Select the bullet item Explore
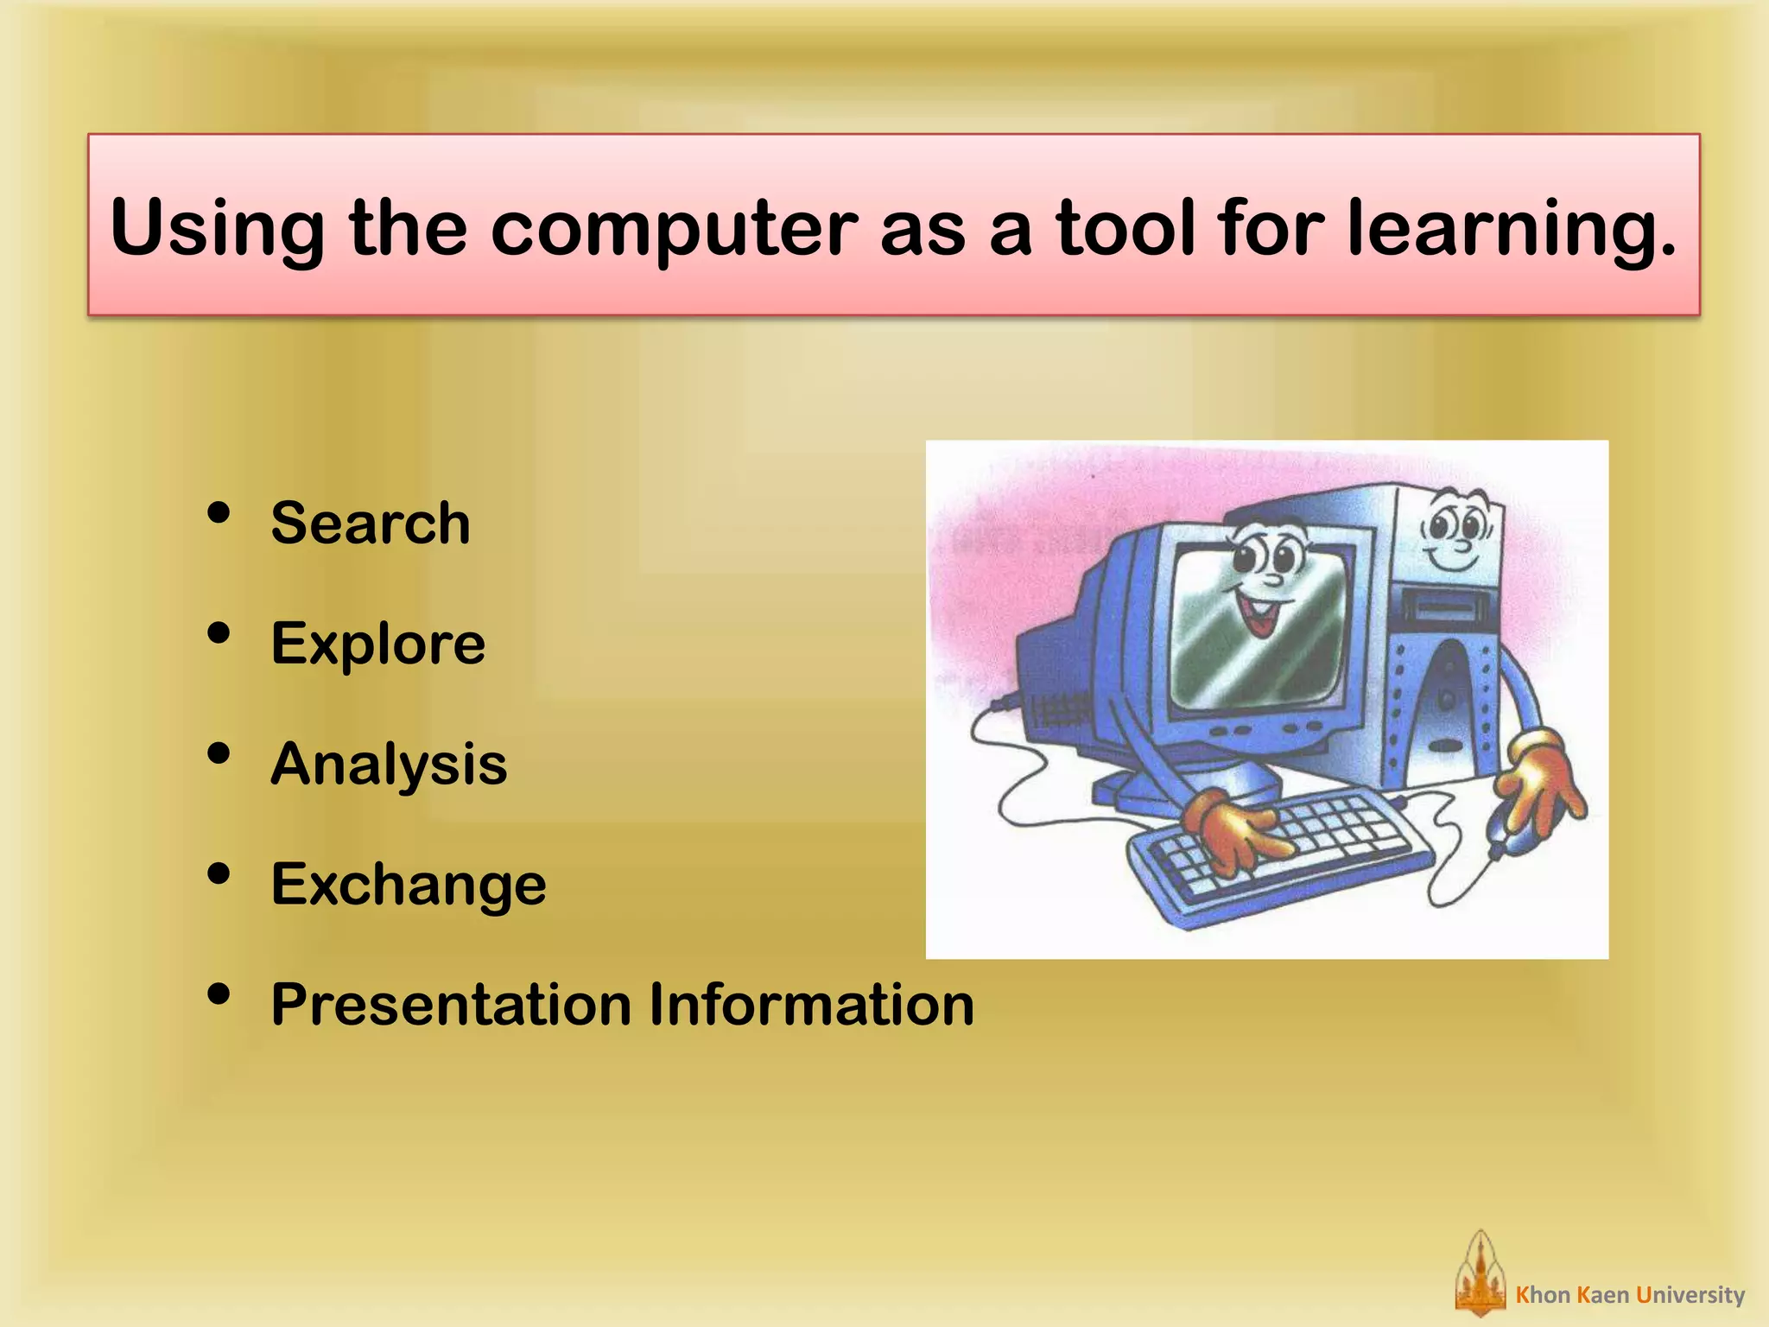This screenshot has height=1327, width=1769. (x=377, y=644)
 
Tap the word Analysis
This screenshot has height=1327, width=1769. (x=389, y=765)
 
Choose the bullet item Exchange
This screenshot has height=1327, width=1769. (x=408, y=885)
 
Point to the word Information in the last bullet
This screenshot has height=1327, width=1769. (x=811, y=1005)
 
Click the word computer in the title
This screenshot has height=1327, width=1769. (x=674, y=229)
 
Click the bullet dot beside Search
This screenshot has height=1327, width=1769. (x=219, y=513)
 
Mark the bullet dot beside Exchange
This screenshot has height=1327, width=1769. (x=219, y=874)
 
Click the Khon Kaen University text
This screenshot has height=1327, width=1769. (x=1630, y=1295)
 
